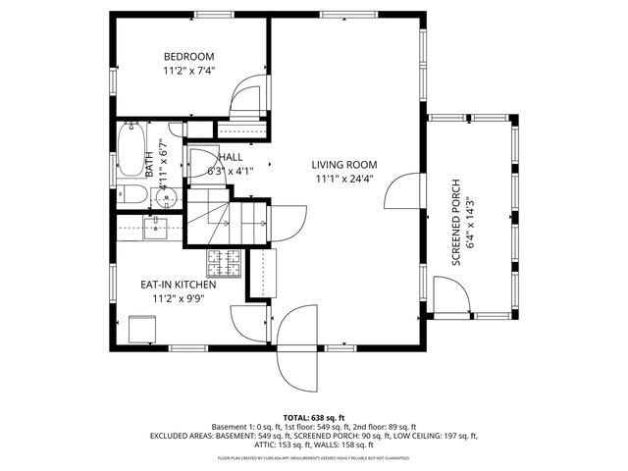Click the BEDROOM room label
coord(188,57)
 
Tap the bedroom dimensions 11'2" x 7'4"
coord(188,71)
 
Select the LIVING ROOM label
coord(344,165)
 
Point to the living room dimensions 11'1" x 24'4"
coord(344,179)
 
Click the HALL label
coord(231,157)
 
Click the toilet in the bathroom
coord(132,194)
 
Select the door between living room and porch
coord(403,192)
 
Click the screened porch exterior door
coord(449,296)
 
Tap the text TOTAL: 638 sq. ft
coord(313,417)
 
